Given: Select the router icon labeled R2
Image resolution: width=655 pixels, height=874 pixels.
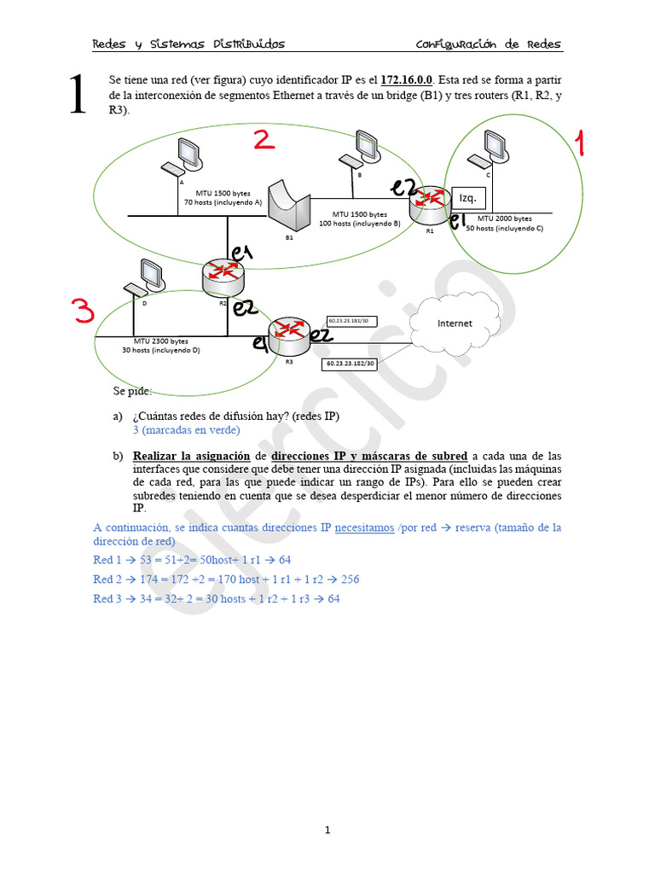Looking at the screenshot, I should click(223, 273).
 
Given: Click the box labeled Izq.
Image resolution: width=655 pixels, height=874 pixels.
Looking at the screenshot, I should click(467, 198).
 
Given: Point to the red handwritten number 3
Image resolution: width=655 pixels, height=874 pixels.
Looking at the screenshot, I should click(83, 312).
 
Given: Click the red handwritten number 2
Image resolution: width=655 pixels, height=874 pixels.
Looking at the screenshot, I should click(264, 139).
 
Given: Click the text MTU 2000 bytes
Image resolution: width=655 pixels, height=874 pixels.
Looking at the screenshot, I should click(504, 218).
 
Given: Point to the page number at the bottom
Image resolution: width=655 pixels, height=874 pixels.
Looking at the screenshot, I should click(327, 830).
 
